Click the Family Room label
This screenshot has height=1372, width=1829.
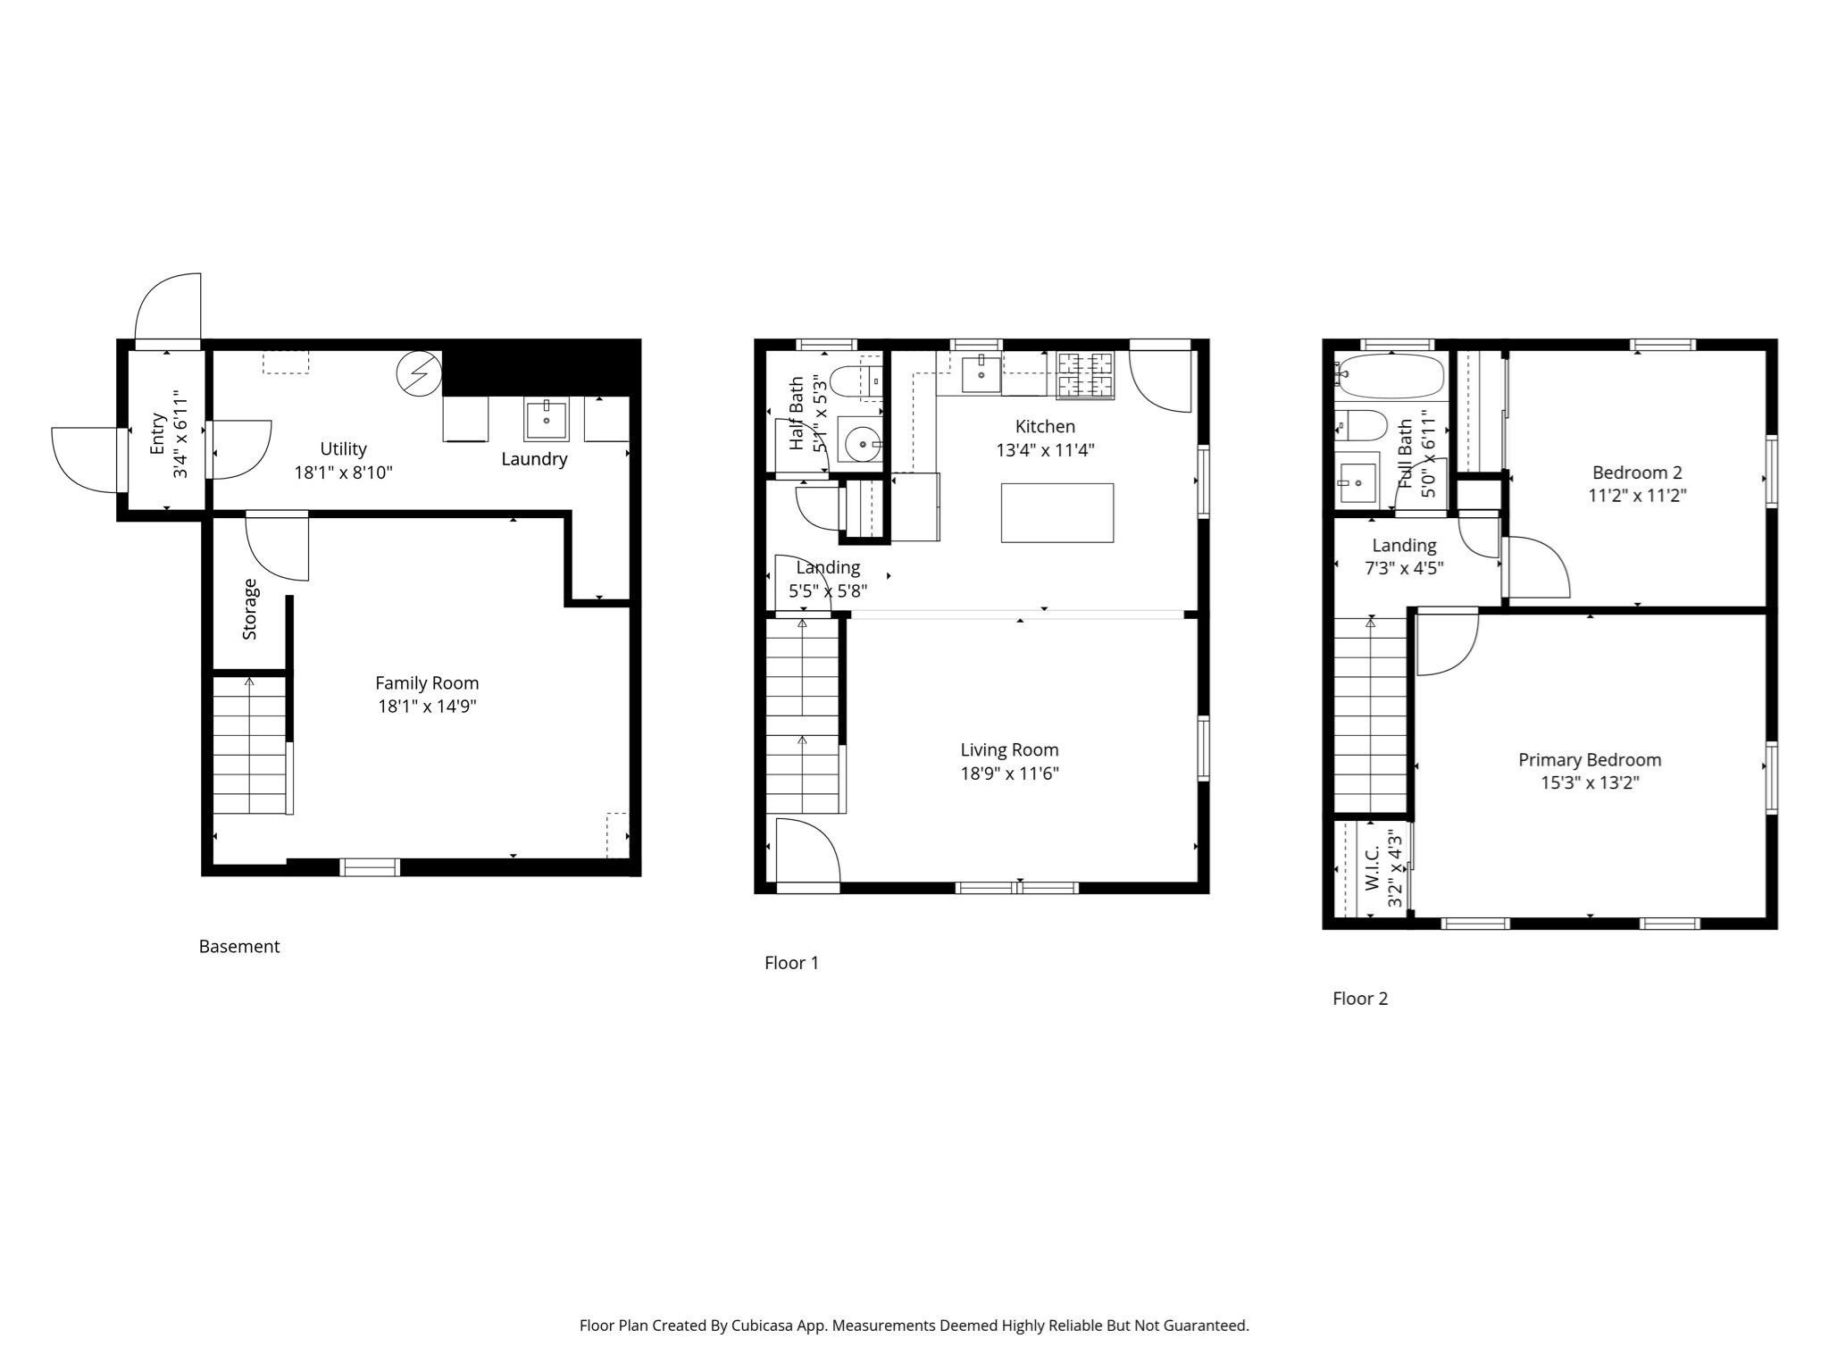point(427,683)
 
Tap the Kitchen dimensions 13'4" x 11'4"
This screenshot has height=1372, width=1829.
point(1045,450)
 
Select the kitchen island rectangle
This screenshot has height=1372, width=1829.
point(1056,513)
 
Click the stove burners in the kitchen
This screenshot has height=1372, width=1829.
point(1085,375)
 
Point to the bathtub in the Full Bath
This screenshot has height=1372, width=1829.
point(1390,376)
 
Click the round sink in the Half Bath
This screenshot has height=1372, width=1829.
point(861,442)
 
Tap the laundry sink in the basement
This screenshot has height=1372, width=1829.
point(546,419)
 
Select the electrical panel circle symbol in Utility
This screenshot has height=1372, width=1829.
point(419,372)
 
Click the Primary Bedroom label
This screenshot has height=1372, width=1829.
point(1590,760)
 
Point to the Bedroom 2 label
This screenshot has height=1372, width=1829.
point(1637,473)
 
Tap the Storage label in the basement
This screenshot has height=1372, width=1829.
point(250,609)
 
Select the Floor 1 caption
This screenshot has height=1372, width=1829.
point(791,963)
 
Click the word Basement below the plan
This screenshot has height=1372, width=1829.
point(239,947)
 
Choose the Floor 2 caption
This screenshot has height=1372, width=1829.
point(1360,999)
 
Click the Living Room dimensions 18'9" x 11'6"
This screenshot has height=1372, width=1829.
point(1009,774)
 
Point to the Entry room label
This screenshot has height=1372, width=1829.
point(158,433)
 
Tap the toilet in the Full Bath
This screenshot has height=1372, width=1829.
point(1362,426)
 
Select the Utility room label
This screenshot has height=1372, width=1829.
point(343,449)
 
